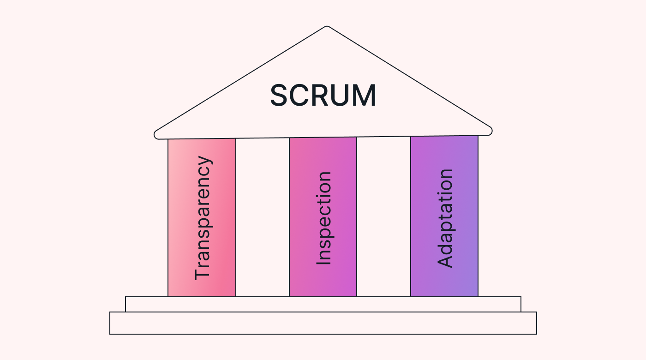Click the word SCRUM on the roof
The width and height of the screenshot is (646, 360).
[x=323, y=96]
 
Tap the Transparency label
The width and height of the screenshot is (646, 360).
[x=203, y=218]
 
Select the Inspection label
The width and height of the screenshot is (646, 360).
[x=324, y=218]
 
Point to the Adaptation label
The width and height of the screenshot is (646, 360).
[x=445, y=218]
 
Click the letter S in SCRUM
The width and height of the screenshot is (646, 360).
[x=280, y=96]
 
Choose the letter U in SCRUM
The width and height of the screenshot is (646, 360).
[x=342, y=96]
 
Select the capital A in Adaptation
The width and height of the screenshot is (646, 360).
[x=445, y=262]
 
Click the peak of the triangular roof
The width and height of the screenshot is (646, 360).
[x=327, y=27]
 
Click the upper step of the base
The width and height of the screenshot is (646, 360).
[x=323, y=304]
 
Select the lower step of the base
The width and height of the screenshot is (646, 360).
[x=323, y=323]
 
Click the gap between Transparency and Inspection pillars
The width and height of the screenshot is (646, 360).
[x=263, y=217]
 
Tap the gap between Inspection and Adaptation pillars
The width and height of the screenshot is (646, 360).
[x=383, y=217]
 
